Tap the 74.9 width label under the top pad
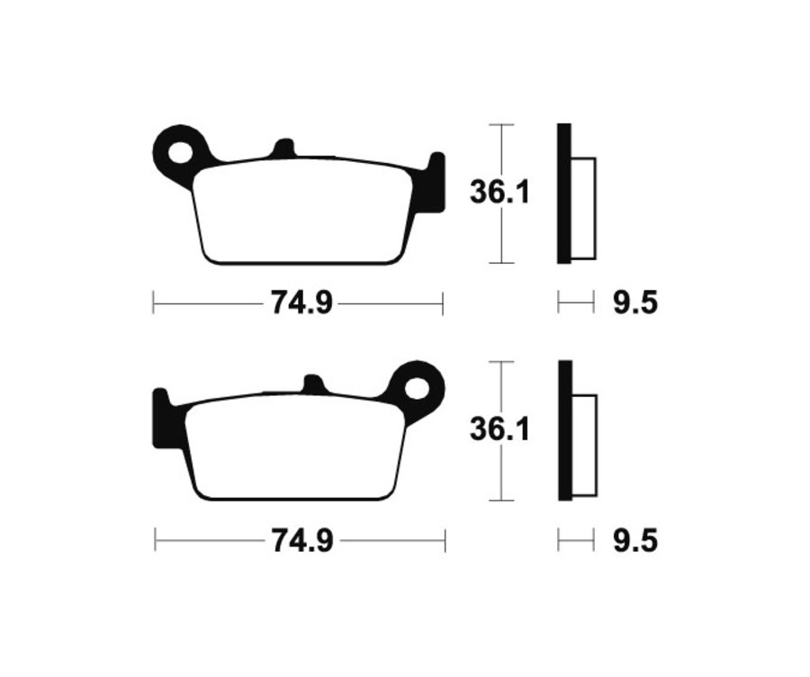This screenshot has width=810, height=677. click(x=301, y=304)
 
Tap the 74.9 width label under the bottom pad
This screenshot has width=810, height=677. click(x=301, y=541)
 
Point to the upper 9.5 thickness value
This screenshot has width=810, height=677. click(x=635, y=304)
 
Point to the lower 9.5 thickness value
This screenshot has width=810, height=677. click(x=635, y=541)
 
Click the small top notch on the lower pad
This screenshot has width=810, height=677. click(x=313, y=385)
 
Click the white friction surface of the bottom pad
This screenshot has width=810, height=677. click(x=292, y=450)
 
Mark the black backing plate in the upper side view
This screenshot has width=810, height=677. click(x=563, y=194)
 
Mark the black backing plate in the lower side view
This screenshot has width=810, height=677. click(x=564, y=430)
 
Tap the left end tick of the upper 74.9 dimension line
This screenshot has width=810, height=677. click(x=153, y=304)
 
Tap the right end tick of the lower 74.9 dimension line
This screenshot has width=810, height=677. click(x=445, y=541)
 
